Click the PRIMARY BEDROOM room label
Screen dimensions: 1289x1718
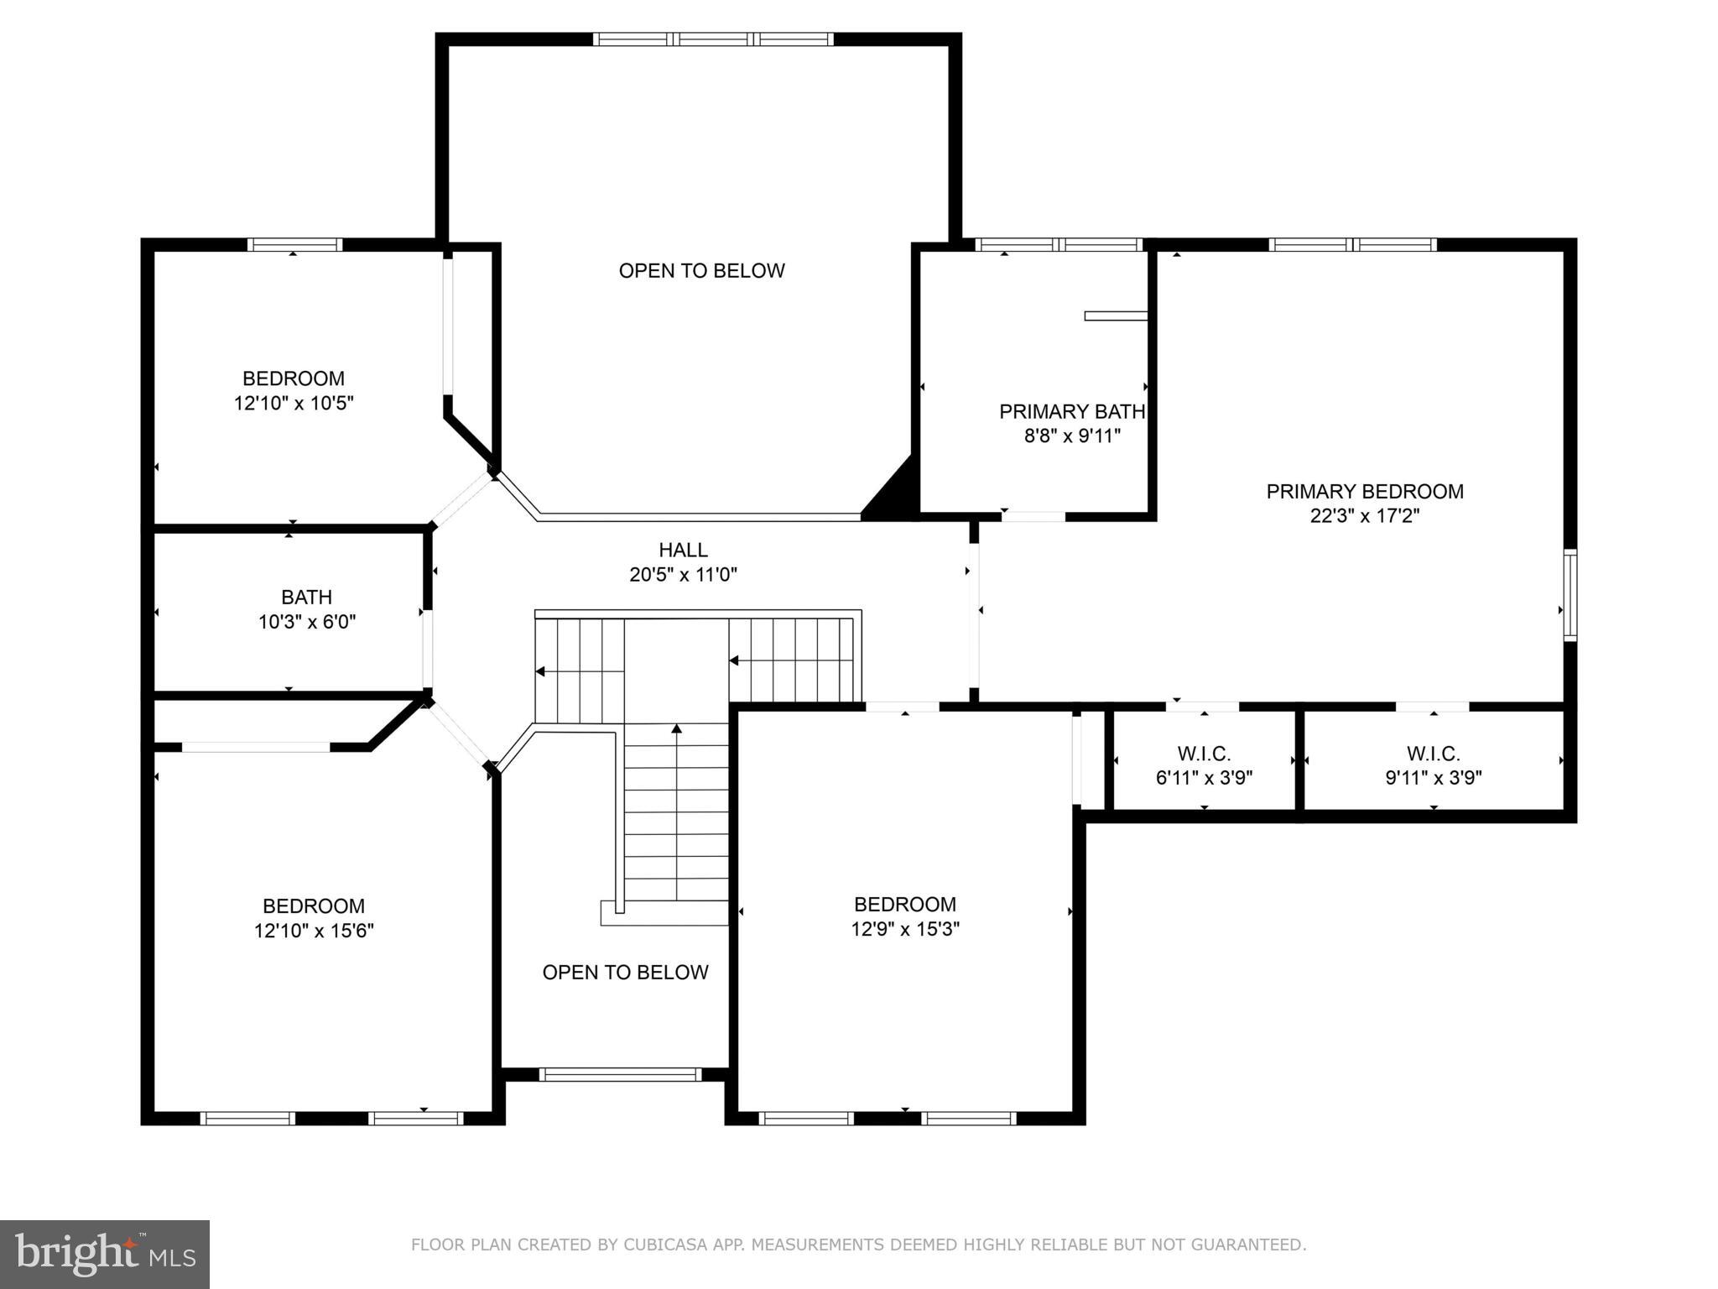pos(1365,491)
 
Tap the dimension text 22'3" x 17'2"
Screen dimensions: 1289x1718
pos(1365,515)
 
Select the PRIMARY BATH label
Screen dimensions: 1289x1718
pos(1072,411)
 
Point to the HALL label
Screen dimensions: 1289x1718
pos(683,550)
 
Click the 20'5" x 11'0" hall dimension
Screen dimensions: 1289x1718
pos(683,575)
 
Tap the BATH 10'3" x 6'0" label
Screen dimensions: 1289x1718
pos(306,610)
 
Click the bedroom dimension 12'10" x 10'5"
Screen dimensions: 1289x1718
pos(294,403)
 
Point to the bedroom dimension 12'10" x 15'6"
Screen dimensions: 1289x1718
pos(314,931)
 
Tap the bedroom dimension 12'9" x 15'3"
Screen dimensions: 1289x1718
pos(905,929)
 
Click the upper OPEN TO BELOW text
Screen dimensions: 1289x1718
pos(701,270)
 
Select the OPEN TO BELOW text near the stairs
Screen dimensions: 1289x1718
pos(625,972)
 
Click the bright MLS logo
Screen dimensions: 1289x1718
pos(105,1254)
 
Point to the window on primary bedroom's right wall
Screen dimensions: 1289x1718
pos(1570,595)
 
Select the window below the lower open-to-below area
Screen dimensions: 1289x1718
pos(620,1074)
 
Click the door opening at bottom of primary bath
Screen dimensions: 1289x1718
pos(1033,516)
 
